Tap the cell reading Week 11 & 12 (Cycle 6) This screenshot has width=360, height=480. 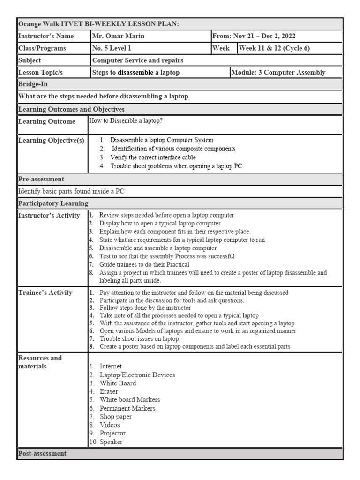[x=274, y=48]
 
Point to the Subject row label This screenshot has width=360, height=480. [x=30, y=60]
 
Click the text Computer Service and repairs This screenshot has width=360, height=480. [x=138, y=60]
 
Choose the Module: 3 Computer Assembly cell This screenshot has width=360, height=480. [x=278, y=72]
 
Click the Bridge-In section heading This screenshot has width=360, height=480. [x=33, y=84]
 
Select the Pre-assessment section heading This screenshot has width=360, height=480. [x=41, y=179]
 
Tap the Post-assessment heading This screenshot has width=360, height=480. [x=42, y=453]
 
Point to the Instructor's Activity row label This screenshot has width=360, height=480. [x=49, y=216]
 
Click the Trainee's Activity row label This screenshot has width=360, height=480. [x=45, y=292]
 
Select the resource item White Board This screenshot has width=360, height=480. [x=118, y=383]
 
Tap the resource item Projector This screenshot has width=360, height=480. [x=112, y=433]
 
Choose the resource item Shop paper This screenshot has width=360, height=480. [x=116, y=416]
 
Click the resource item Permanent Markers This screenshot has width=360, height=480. [x=127, y=408]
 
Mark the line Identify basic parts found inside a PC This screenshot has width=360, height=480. [x=71, y=191]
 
